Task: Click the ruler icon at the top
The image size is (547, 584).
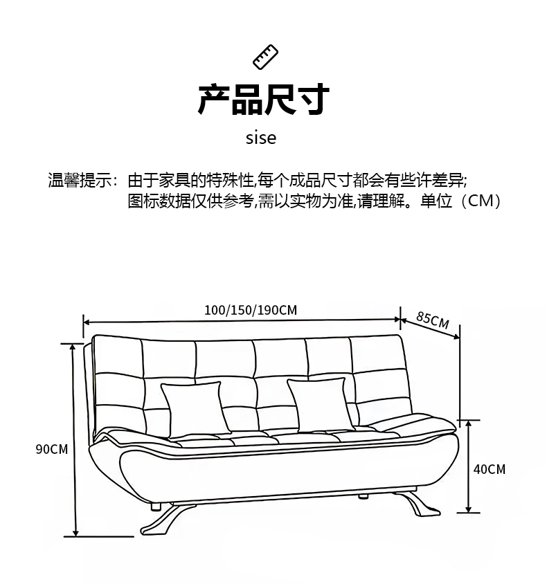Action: tap(265, 57)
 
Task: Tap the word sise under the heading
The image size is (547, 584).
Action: tap(261, 138)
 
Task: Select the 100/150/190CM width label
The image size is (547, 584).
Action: tap(251, 309)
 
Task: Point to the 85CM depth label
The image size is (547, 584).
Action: tap(433, 320)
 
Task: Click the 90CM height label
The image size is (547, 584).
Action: tap(52, 449)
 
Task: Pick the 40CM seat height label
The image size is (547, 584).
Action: tap(490, 469)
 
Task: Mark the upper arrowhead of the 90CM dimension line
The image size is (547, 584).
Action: tap(73, 347)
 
